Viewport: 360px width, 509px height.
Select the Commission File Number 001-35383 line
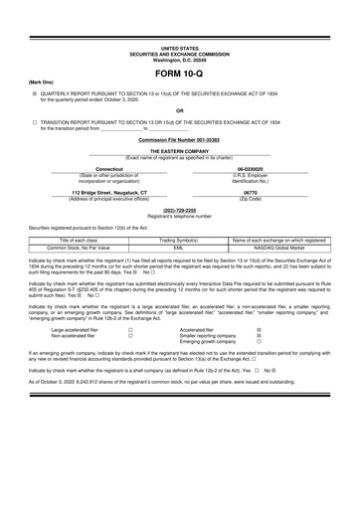pyautogui.click(x=179, y=140)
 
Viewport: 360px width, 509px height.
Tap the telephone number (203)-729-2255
pyautogui.click(x=179, y=210)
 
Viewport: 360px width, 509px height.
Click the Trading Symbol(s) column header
pyautogui.click(x=179, y=240)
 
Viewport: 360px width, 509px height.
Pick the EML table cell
pyautogui.click(x=179, y=248)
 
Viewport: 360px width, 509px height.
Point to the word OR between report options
pyautogui.click(x=179, y=110)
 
